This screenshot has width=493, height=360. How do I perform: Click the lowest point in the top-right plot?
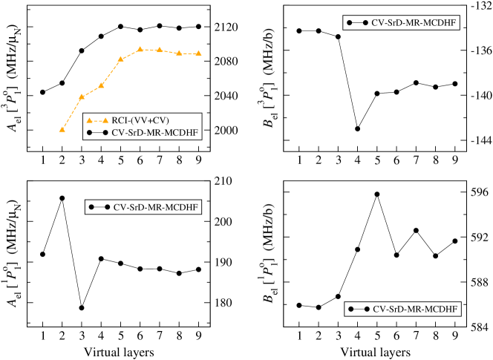tap(358, 128)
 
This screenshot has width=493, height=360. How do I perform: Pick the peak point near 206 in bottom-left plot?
tap(62, 198)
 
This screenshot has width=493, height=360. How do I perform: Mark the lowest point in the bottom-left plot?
tap(82, 307)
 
